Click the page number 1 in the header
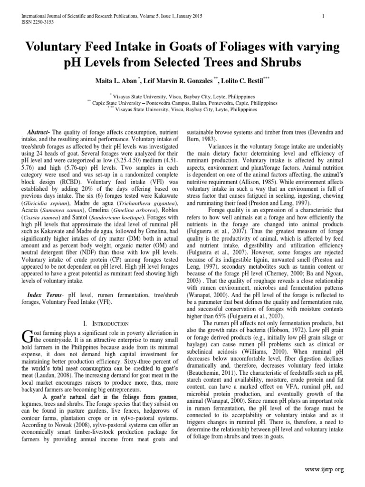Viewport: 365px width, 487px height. (323, 16)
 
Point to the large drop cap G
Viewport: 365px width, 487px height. (27, 338)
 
